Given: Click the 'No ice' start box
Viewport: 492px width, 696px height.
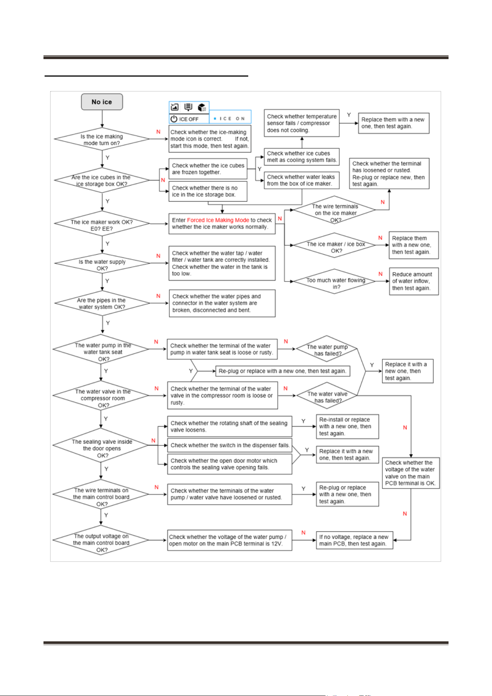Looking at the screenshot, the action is click(x=102, y=102).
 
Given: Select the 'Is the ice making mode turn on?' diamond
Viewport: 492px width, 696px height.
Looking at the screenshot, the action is click(x=102, y=139).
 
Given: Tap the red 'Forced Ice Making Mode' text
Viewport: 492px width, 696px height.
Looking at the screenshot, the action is click(x=218, y=220).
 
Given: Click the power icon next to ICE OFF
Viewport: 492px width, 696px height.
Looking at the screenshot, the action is click(x=174, y=119).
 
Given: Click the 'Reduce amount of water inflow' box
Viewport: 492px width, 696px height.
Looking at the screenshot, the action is click(x=414, y=281).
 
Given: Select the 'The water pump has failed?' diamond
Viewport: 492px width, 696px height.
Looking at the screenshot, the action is click(x=327, y=349).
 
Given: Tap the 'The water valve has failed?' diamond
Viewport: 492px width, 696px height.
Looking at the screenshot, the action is click(x=327, y=396).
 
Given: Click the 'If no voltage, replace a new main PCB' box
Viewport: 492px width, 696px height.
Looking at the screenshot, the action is click(x=355, y=540).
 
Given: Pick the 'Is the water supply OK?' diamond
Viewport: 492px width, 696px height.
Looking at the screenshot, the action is click(x=102, y=263).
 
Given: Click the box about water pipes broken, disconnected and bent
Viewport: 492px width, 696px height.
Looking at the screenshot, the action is click(x=222, y=303).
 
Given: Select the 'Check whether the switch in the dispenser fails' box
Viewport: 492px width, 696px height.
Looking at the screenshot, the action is click(x=230, y=445).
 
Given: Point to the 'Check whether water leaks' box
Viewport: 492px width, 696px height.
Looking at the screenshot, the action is click(x=302, y=180).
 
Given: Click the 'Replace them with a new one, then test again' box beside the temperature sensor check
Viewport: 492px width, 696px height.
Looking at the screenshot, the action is click(x=394, y=123).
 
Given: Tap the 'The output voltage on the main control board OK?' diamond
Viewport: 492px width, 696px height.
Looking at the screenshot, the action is click(x=101, y=540).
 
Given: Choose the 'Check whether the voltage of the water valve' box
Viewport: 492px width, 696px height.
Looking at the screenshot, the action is click(x=411, y=473).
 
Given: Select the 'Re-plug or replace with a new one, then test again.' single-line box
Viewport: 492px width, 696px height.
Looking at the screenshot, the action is click(x=283, y=371).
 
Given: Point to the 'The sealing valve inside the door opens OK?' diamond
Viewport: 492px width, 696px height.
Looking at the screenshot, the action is click(x=101, y=445).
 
